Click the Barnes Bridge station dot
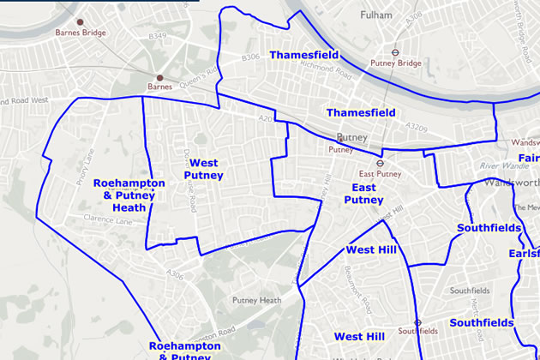pyautogui.click(x=80, y=21)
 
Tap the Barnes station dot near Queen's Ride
pyautogui.click(x=160, y=76)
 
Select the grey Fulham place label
pyautogui.click(x=375, y=15)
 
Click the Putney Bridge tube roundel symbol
pyautogui.click(x=396, y=51)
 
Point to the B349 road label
pyautogui.click(x=157, y=36)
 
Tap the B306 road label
pyautogui.click(x=250, y=57)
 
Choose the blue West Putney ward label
pyautogui.click(x=203, y=169)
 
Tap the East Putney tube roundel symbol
pyautogui.click(x=377, y=162)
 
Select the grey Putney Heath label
pyautogui.click(x=257, y=300)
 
